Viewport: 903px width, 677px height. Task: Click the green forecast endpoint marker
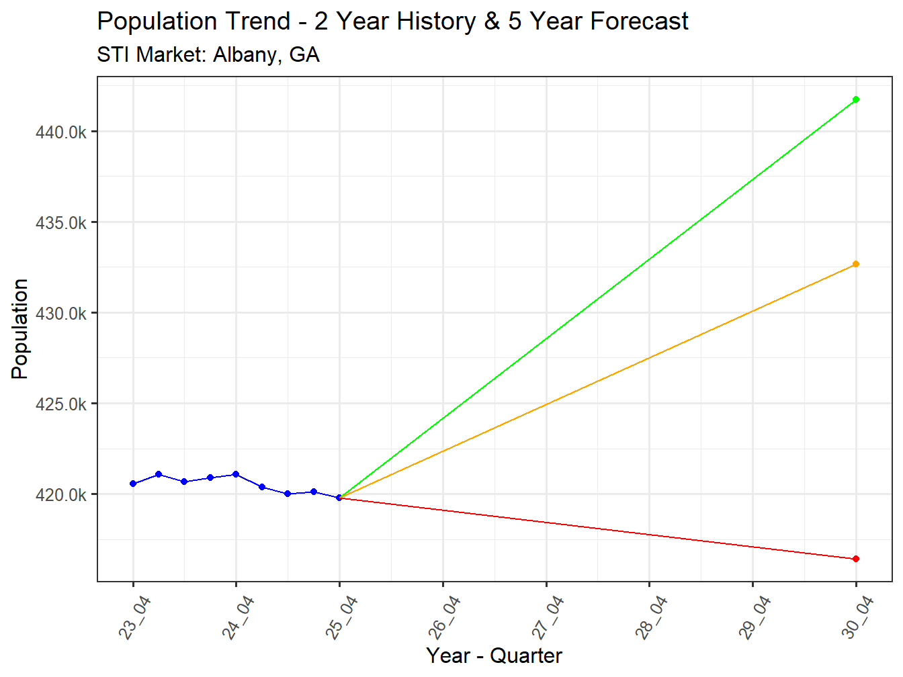pos(855,99)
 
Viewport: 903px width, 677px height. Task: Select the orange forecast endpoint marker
pos(855,264)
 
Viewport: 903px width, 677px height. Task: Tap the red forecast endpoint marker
pos(855,559)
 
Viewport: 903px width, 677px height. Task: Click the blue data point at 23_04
pos(133,484)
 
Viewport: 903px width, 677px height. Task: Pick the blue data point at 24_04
pos(236,474)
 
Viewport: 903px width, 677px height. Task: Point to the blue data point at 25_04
pos(339,498)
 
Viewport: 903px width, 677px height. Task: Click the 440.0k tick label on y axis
pos(61,132)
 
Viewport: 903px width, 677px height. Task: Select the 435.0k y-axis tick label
pos(61,223)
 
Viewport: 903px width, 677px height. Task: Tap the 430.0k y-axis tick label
pos(61,314)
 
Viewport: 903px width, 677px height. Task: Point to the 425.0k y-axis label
pos(61,404)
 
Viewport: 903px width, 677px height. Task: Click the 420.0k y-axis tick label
pos(61,495)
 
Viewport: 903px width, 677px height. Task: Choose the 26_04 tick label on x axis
pos(445,617)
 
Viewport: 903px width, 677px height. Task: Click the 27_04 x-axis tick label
pos(548,617)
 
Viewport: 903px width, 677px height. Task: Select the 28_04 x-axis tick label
pos(652,617)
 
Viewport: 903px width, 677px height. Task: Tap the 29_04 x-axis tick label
pos(755,617)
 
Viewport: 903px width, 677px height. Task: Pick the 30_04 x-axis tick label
pos(858,617)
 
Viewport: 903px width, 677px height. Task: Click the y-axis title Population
pos(20,329)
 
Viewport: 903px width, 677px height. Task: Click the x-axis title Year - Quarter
pos(494,656)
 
